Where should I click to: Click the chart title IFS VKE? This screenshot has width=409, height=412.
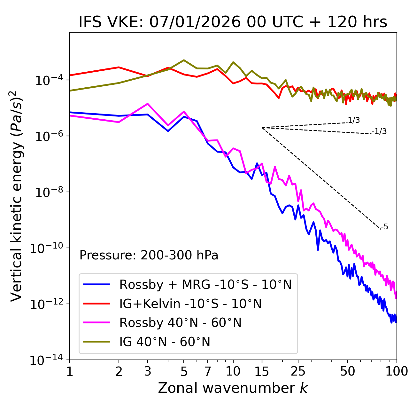233,22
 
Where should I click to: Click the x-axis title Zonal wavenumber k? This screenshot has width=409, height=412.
233,388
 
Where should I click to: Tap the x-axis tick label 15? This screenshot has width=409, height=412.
262,371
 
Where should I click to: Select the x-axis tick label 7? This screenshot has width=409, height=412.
208,371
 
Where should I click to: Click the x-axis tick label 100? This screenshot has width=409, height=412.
397,371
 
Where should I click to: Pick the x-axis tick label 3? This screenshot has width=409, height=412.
147,371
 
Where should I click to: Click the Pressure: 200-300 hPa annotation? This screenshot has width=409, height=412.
149,255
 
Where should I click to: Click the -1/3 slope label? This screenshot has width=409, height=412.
379,131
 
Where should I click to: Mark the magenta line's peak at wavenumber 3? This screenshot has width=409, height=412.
147,104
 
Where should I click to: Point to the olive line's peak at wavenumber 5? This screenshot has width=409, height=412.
184,60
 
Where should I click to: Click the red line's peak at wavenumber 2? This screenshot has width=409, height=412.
119,67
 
